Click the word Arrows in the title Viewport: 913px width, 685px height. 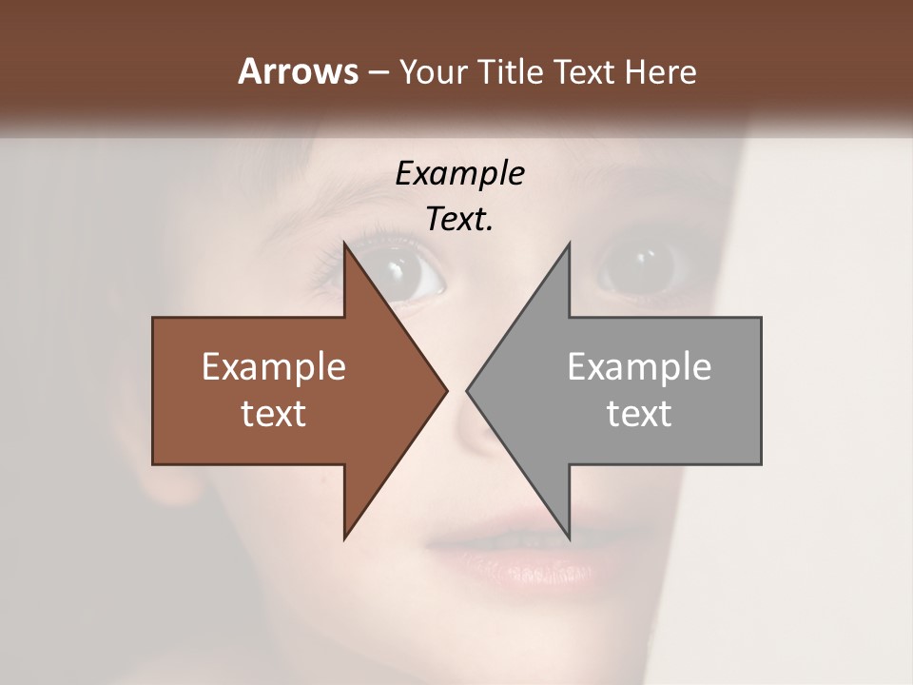coord(298,71)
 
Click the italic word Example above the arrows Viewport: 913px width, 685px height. coord(460,173)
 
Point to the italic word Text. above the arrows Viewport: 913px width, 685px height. coord(460,219)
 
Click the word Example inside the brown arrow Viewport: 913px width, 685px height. coord(274,367)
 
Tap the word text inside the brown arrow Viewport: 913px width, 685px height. coord(274,414)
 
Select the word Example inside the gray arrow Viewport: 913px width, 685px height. coord(639,367)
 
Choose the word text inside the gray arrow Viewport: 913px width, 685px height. coord(639,414)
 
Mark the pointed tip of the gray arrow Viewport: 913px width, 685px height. coord(468,390)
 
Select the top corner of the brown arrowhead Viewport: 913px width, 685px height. coord(345,245)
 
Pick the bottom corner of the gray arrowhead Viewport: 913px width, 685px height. coord(569,537)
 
